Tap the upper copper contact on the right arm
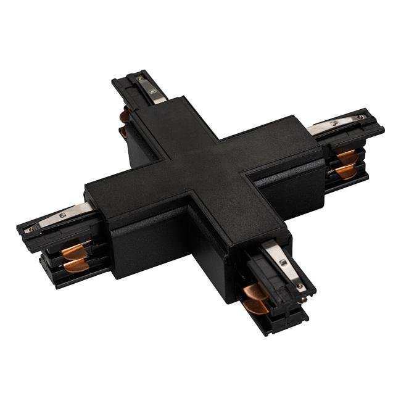[x=346, y=155]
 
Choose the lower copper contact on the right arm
[x=346, y=171]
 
